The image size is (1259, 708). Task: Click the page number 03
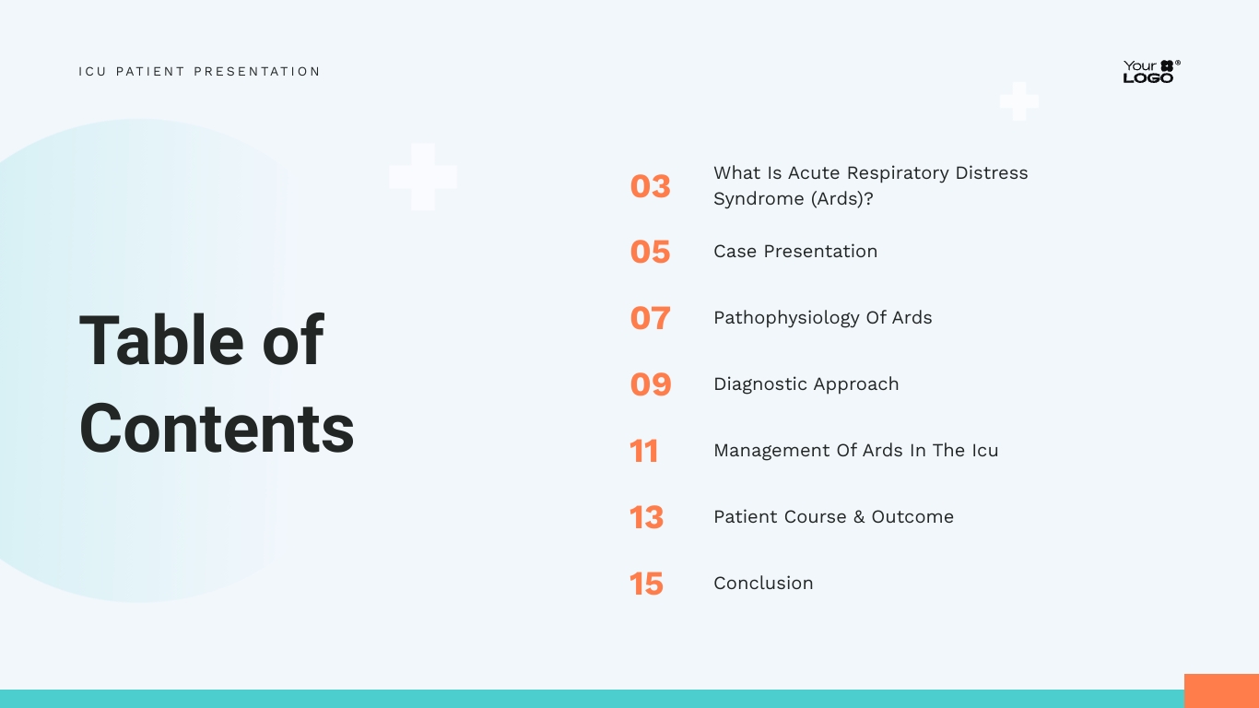pos(650,186)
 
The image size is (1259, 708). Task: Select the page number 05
pos(650,252)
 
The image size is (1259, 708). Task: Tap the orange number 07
pos(650,318)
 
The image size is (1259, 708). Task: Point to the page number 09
pos(650,384)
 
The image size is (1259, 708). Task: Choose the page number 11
pos(644,451)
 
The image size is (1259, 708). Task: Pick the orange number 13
pos(646,517)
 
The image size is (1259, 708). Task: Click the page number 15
pos(646,584)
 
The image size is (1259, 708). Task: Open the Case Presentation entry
pos(794,252)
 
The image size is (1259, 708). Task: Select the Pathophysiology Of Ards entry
pos(822,318)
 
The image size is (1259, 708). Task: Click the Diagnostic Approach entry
pos(806,384)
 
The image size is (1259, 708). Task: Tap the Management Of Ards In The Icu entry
pos(855,451)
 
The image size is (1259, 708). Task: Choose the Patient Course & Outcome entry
pos(833,517)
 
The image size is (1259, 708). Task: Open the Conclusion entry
pos(763,584)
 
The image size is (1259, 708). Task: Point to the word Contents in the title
pos(217,429)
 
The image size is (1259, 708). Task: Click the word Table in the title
pos(162,340)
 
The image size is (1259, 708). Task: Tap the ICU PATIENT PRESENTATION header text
pos(199,72)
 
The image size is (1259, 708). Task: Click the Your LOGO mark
pos(1150,72)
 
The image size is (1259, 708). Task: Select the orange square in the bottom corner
pos(1221,690)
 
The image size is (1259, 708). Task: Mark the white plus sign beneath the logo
pos(1018,101)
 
